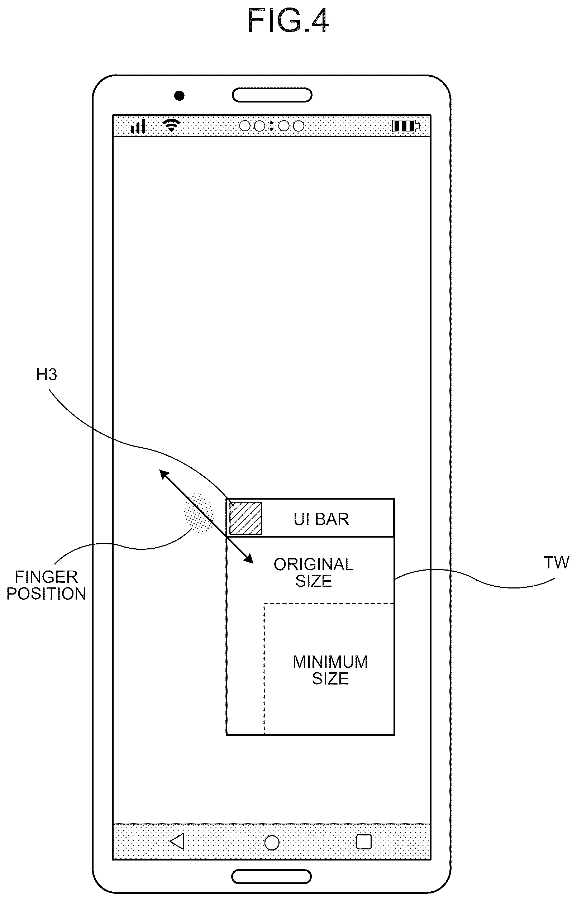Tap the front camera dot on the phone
click(179, 96)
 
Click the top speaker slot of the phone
click(272, 95)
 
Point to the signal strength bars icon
click(138, 127)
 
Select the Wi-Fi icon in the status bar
click(172, 125)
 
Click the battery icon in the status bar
click(406, 126)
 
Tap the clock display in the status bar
click(271, 126)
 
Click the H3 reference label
click(47, 375)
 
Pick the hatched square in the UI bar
click(245, 518)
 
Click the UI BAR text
click(321, 519)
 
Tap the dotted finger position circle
click(198, 513)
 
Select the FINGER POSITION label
click(46, 585)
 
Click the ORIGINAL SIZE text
click(314, 572)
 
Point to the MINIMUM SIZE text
click(330, 670)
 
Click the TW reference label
click(556, 563)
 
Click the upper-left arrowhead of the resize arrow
click(164, 474)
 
